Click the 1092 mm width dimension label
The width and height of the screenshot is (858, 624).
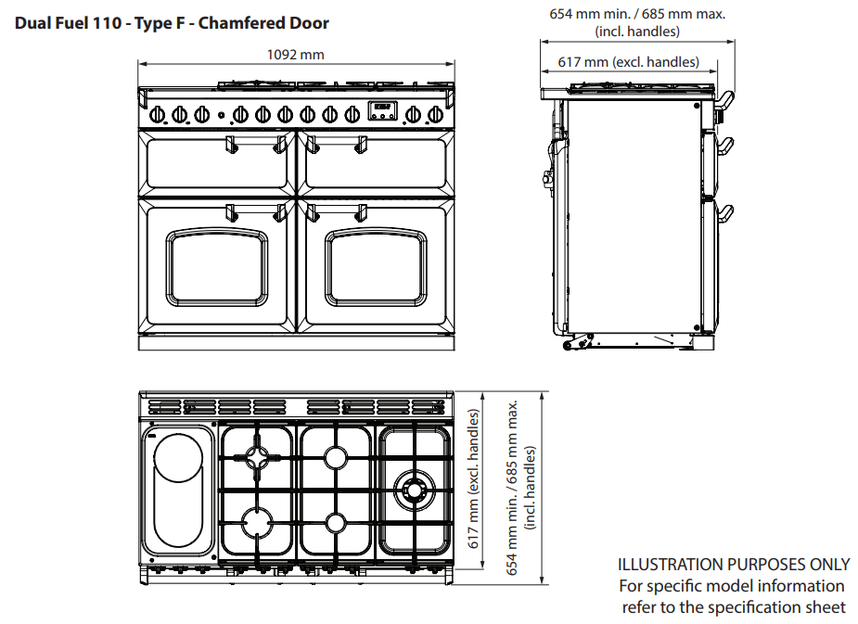(x=296, y=54)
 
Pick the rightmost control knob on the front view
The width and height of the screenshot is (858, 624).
(x=434, y=114)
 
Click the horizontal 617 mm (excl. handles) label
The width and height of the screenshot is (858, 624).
(x=629, y=62)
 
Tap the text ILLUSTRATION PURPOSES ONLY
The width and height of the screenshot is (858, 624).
(x=733, y=564)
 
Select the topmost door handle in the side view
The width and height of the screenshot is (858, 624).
(x=727, y=98)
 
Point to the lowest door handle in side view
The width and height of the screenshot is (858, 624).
(x=727, y=212)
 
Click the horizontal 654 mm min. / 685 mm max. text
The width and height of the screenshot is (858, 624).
(x=636, y=14)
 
